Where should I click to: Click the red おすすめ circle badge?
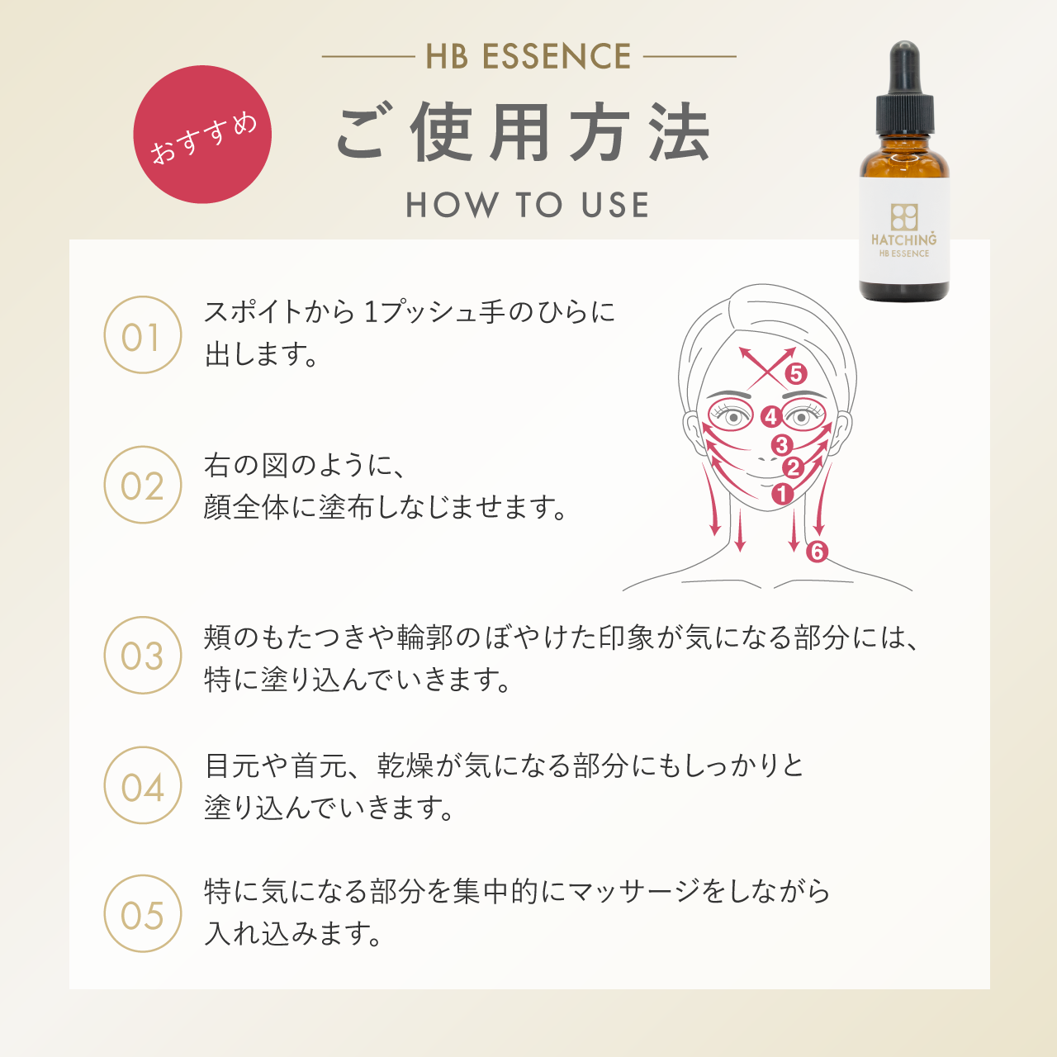[x=202, y=135]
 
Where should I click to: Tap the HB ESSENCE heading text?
[x=528, y=57]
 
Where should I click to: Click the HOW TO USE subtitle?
[x=528, y=205]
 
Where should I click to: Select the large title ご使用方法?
[x=524, y=133]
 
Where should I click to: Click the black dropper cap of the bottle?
[x=905, y=91]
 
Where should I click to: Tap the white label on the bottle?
[x=904, y=231]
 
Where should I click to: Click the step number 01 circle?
[x=142, y=335]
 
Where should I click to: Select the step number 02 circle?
[x=142, y=486]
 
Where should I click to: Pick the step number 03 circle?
[x=142, y=656]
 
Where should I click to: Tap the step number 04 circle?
[x=142, y=785]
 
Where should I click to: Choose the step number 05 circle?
[x=142, y=914]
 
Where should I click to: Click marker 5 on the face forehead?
[x=795, y=374]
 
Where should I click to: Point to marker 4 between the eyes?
[x=770, y=416]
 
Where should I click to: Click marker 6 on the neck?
[x=817, y=551]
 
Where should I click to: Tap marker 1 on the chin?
[x=782, y=494]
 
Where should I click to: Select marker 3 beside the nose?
[x=781, y=446]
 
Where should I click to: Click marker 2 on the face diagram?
[x=793, y=468]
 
